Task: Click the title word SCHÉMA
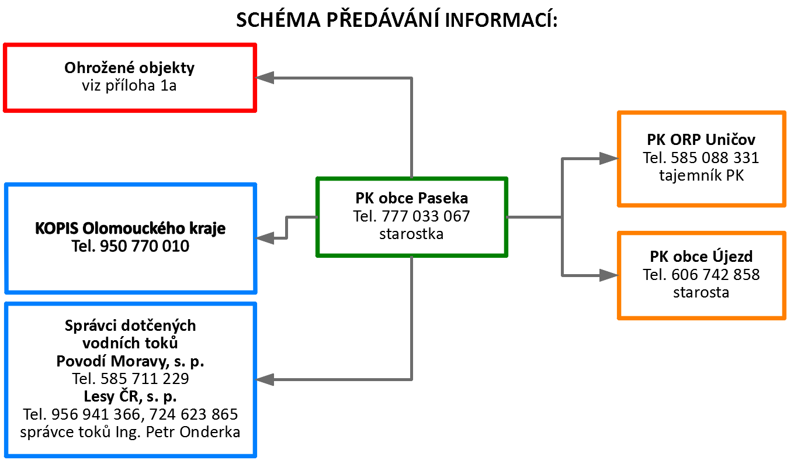click(278, 19)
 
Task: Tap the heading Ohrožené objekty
click(129, 68)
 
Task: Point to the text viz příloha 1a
click(129, 86)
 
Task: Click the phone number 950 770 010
click(145, 246)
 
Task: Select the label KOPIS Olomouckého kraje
click(130, 229)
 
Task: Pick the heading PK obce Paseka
click(411, 198)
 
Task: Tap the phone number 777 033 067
click(425, 216)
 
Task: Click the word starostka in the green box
click(411, 234)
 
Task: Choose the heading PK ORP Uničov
click(701, 140)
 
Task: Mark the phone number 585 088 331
click(715, 157)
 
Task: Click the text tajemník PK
click(701, 175)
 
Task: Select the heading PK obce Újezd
click(701, 256)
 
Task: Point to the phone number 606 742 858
click(715, 275)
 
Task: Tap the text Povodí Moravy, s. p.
click(130, 361)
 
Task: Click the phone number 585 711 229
click(145, 378)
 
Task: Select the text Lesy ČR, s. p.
click(130, 396)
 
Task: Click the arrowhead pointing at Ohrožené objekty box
click(265, 78)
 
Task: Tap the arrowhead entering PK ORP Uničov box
click(609, 158)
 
